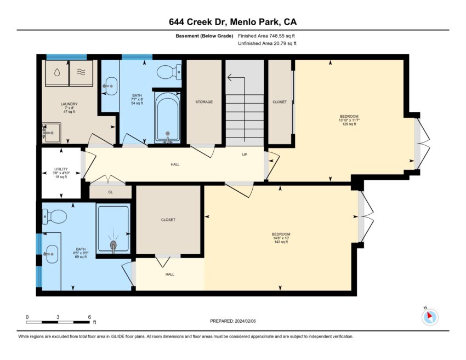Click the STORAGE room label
click(x=204, y=102)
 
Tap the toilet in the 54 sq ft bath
click(x=169, y=72)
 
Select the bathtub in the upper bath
click(x=168, y=117)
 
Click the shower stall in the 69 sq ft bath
click(x=113, y=228)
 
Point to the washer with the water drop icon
click(x=57, y=73)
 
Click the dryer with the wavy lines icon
click(x=81, y=73)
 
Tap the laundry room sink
click(x=51, y=133)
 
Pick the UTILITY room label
click(x=61, y=169)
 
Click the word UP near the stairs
click(x=245, y=155)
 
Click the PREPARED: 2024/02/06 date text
click(x=233, y=321)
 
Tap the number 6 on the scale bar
click(x=89, y=317)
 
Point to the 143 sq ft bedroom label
click(x=281, y=242)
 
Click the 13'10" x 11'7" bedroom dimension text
click(x=349, y=120)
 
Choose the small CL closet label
click(x=111, y=192)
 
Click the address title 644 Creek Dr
click(x=198, y=22)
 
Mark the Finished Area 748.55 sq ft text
click(x=266, y=36)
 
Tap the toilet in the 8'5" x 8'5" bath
click(x=54, y=216)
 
